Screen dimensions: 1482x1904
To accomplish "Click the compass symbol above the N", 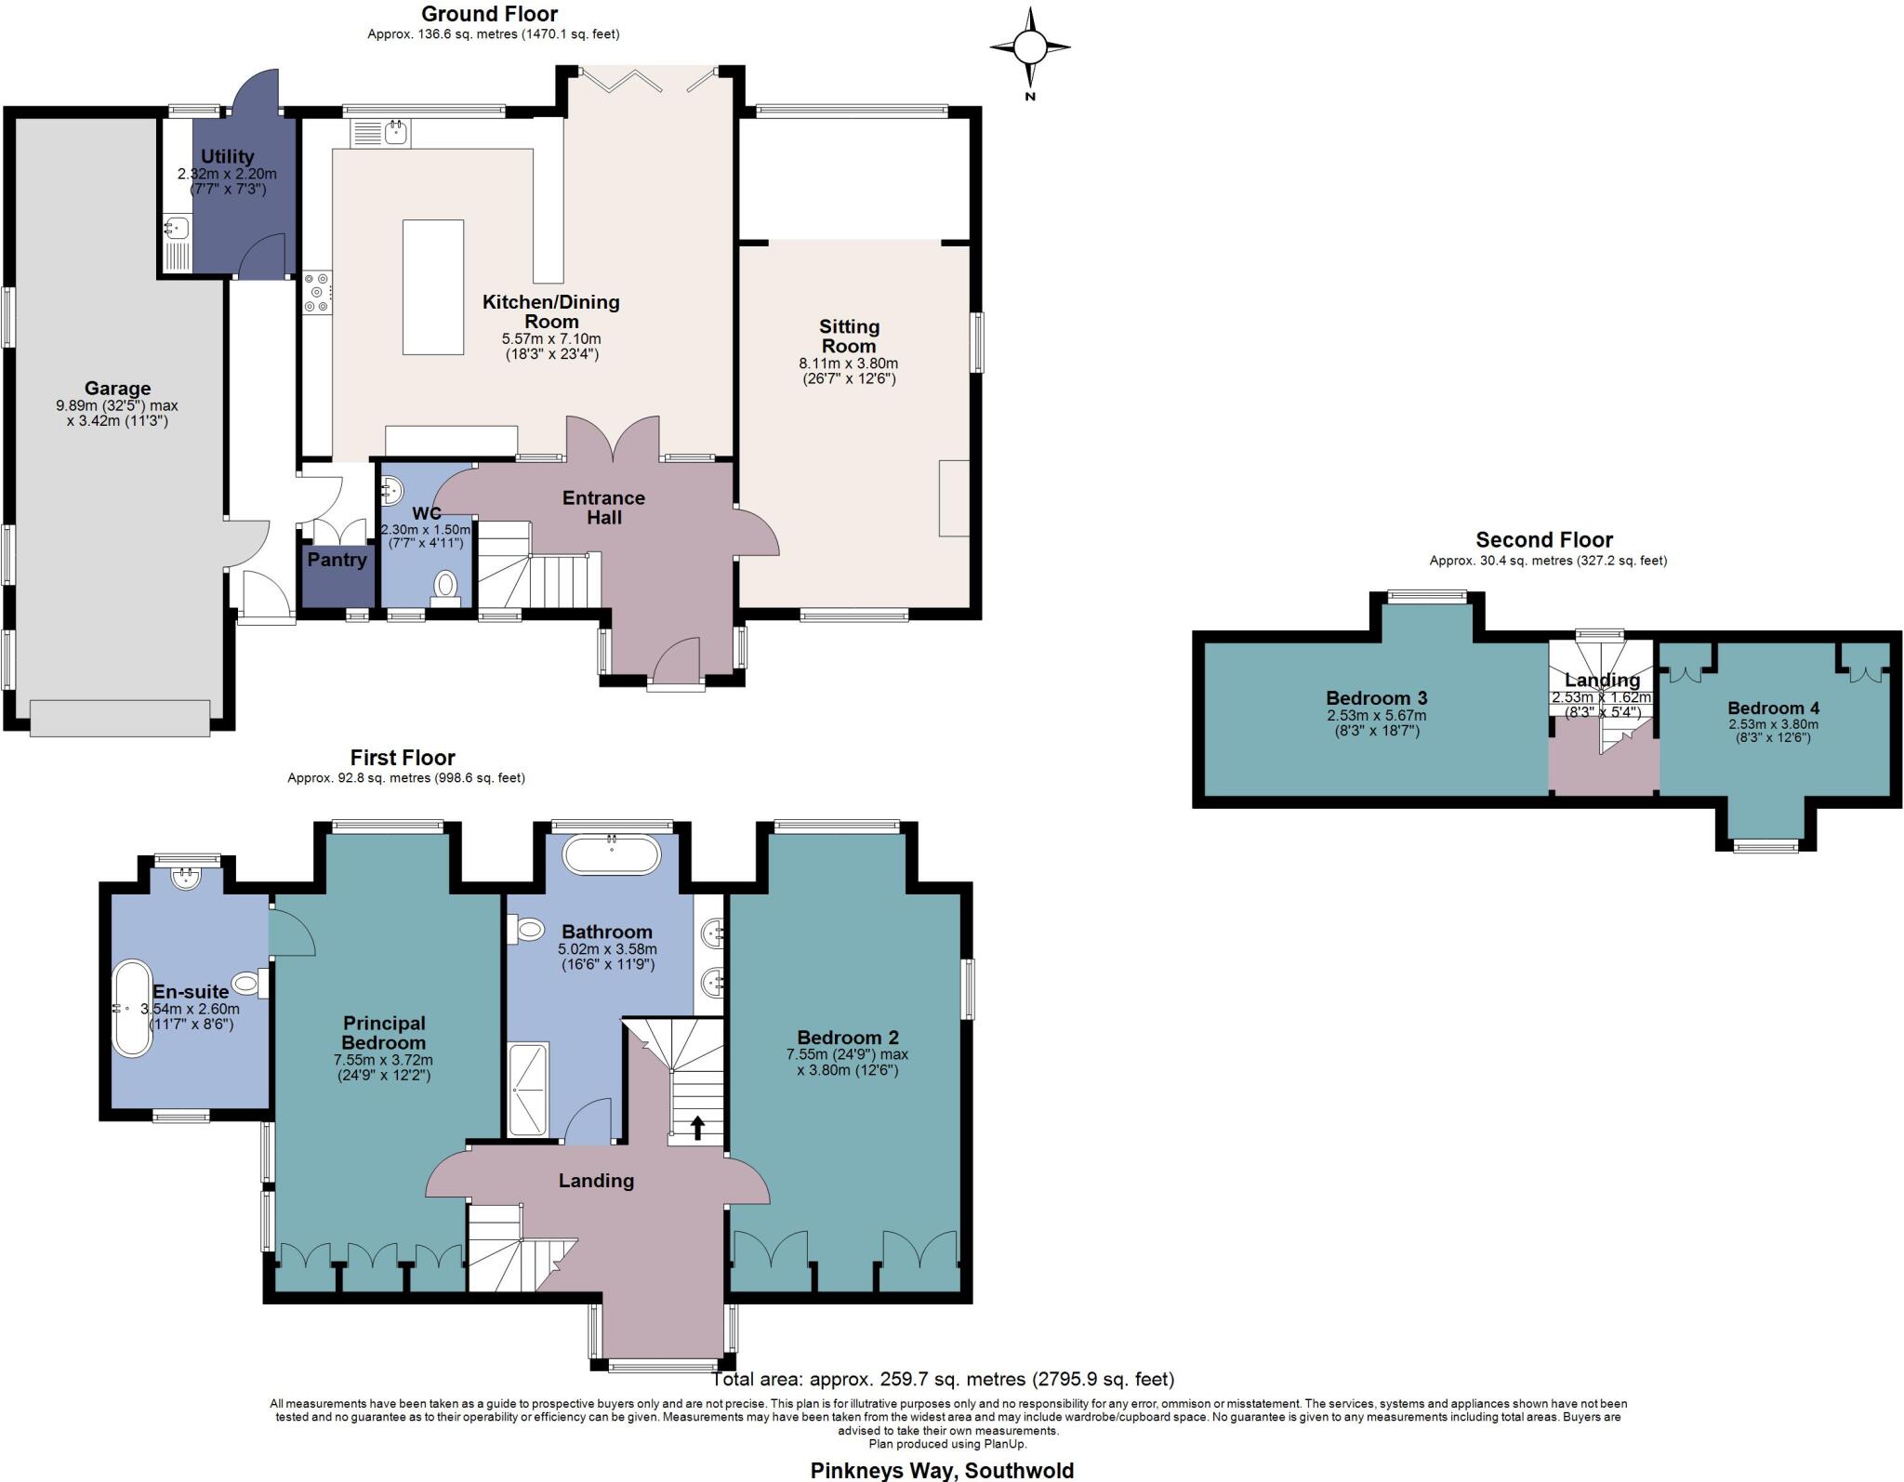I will [x=1029, y=46].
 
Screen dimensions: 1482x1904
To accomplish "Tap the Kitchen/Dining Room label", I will [x=550, y=311].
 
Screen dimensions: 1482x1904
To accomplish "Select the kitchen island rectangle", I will [x=433, y=286].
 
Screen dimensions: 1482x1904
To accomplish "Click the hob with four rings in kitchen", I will [x=317, y=292].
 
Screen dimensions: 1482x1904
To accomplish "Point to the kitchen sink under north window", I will [x=381, y=135].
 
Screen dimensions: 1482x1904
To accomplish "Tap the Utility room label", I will [x=227, y=156].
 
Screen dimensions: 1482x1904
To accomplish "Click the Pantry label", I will [x=337, y=560].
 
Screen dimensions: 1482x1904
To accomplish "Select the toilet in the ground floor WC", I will [x=446, y=586].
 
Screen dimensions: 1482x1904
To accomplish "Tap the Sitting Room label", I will [x=849, y=336].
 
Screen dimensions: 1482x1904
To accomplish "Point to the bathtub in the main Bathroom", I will [x=612, y=853].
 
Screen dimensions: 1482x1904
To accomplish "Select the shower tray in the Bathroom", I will [x=528, y=1089].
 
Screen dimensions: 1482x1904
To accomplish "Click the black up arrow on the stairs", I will [x=697, y=1127].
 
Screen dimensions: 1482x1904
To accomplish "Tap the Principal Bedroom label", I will [x=383, y=1033].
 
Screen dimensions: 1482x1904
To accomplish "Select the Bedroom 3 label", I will [x=1376, y=697].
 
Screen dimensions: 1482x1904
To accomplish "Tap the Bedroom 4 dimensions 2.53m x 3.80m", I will [x=1773, y=724].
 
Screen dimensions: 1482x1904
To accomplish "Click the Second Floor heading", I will [x=1544, y=539].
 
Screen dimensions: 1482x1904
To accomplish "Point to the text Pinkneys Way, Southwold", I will [x=942, y=1470].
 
